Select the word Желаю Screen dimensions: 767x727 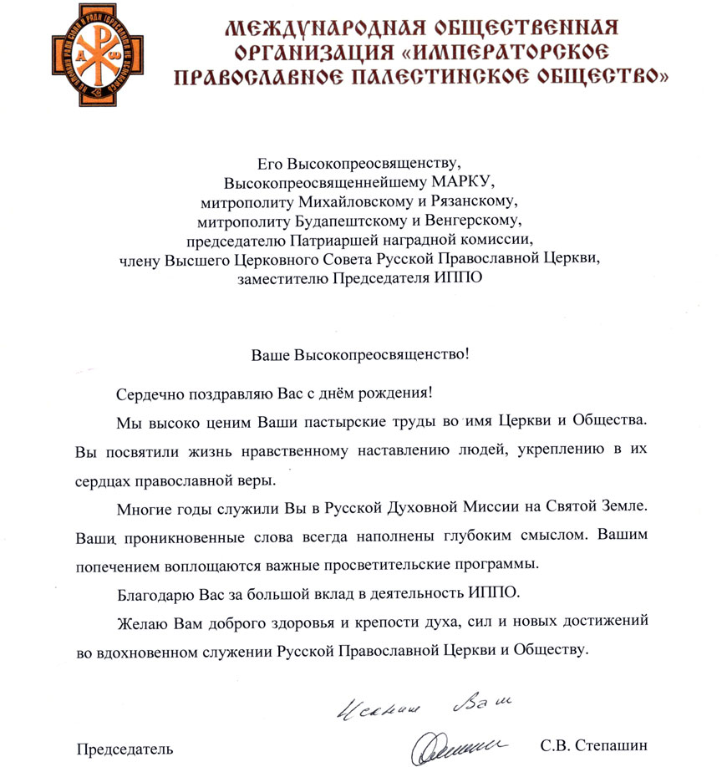point(135,622)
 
